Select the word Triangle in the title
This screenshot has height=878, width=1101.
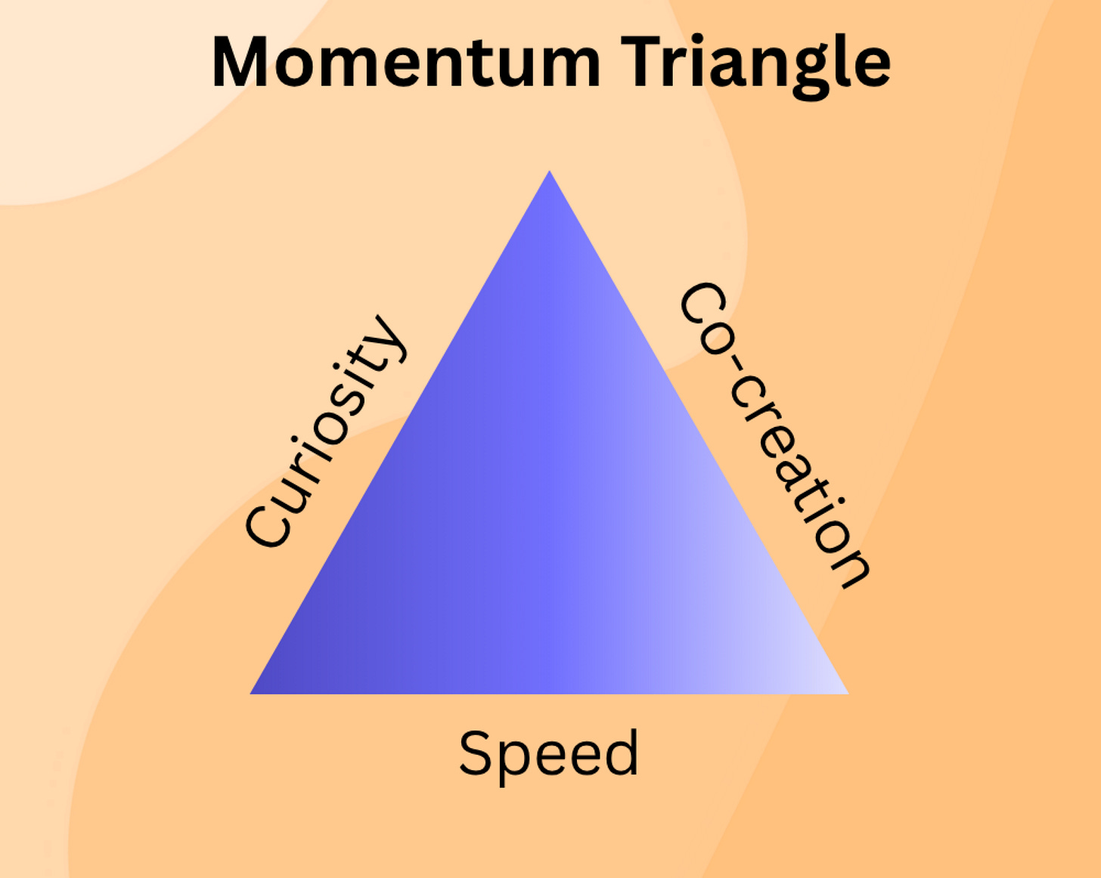756,63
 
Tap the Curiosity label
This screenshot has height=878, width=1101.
326,431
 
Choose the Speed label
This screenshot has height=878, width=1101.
549,753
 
